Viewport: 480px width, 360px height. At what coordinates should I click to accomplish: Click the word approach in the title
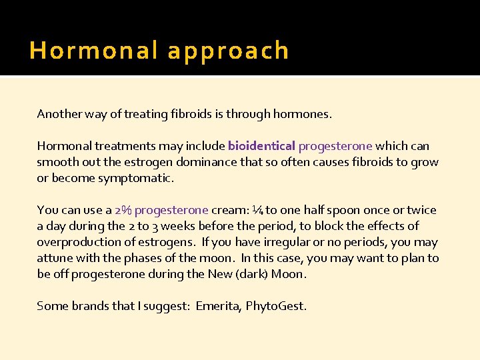228,51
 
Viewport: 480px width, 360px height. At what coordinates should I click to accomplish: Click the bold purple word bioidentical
261,146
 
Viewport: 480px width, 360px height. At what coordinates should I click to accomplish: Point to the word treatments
117,146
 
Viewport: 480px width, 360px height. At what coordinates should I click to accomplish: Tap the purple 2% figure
123,210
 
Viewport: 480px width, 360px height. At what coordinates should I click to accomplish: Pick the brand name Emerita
217,306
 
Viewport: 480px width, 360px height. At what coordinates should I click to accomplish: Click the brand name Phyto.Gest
276,306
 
